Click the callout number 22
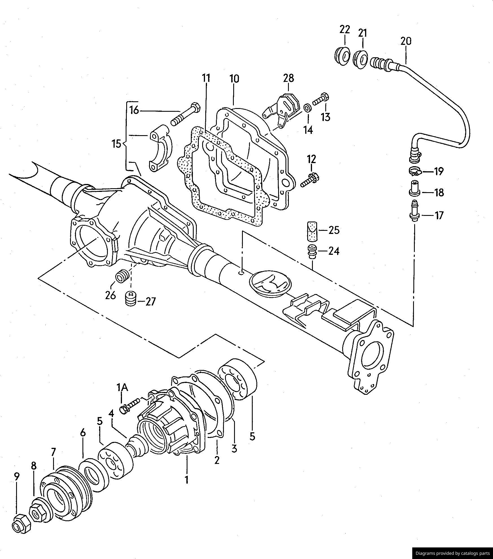(x=345, y=29)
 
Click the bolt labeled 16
(x=185, y=116)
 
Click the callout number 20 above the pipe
(x=406, y=41)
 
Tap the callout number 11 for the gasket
(x=206, y=78)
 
